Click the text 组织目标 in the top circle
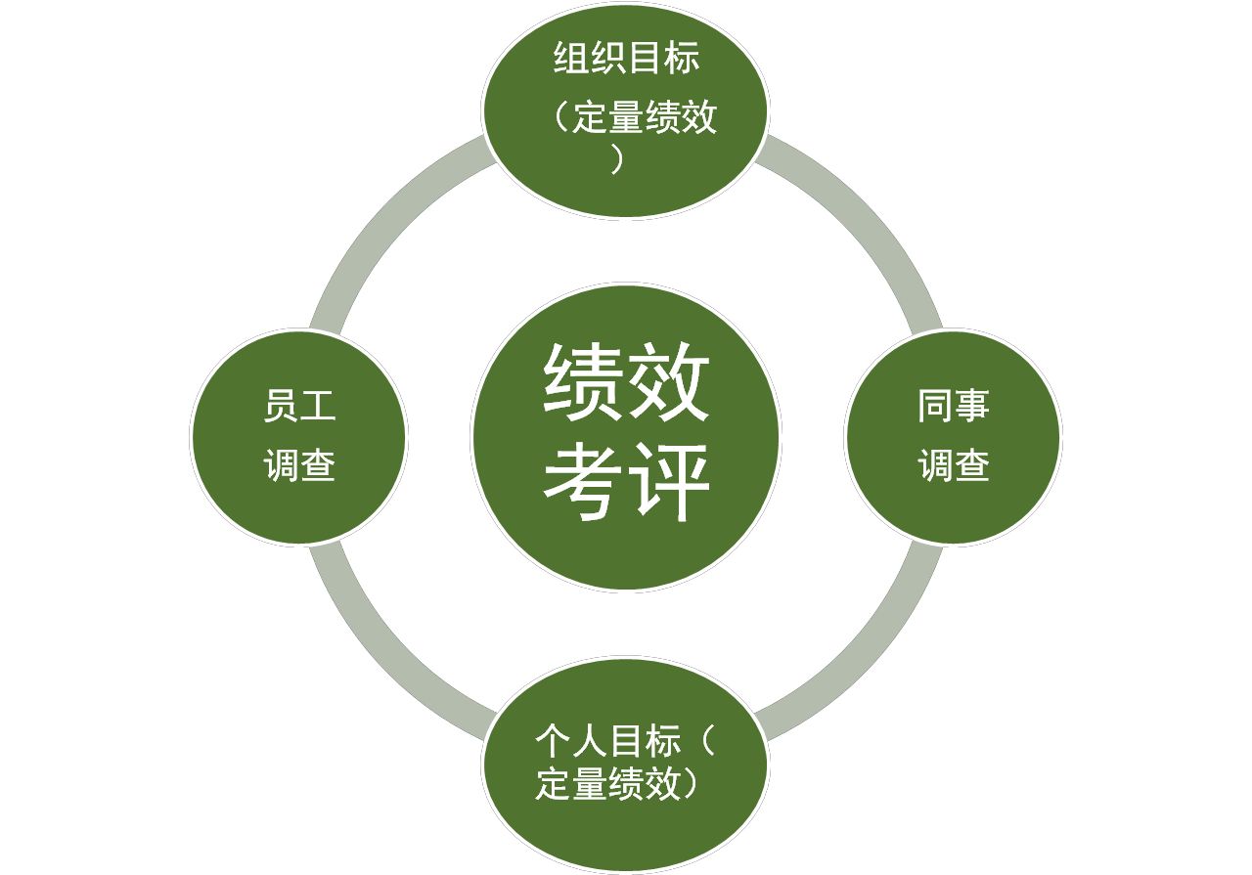pyautogui.click(x=626, y=60)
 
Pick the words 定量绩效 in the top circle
pyautogui.click(x=645, y=117)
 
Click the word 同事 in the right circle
pyautogui.click(x=953, y=407)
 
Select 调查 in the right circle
pyautogui.click(x=953, y=465)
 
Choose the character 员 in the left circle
pyautogui.click(x=281, y=407)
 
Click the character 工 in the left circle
pyautogui.click(x=318, y=407)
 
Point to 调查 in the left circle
pyautogui.click(x=299, y=465)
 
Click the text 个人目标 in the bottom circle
pyautogui.click(x=607, y=741)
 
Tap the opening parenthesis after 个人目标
pyautogui.click(x=708, y=741)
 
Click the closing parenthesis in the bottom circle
pyautogui.click(x=692, y=785)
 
